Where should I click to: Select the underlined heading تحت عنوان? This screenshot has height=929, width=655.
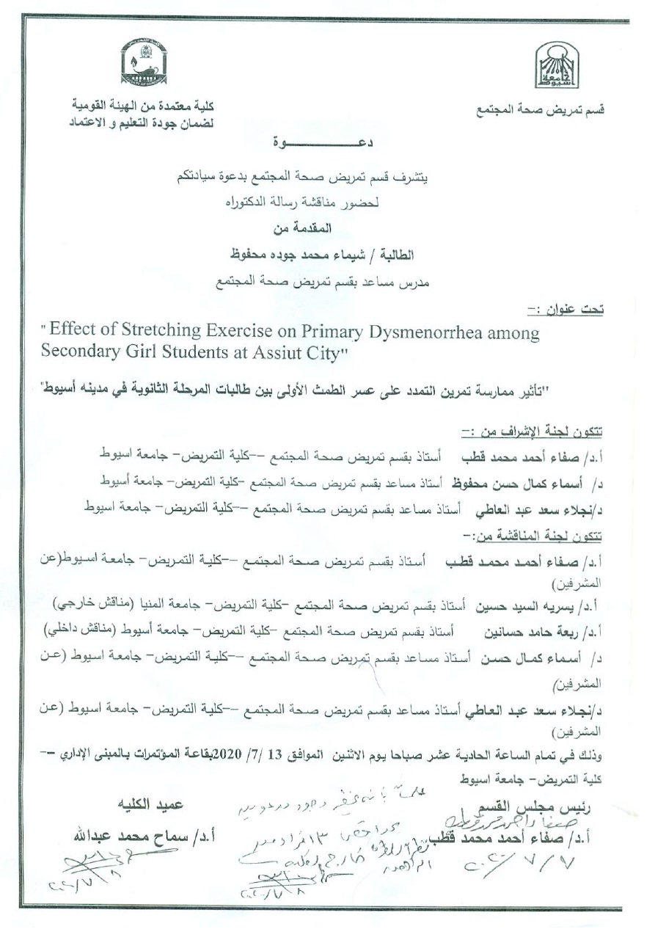[576, 310]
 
